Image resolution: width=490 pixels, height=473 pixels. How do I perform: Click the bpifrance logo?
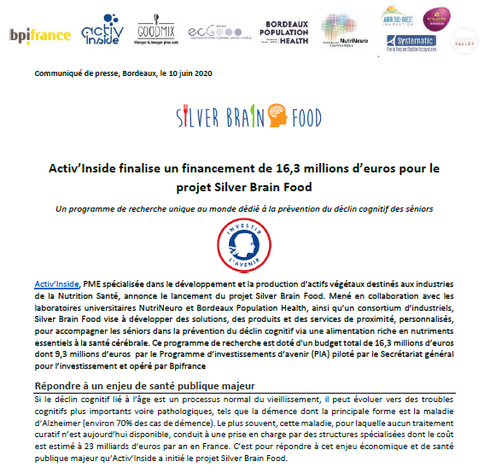coord(39,36)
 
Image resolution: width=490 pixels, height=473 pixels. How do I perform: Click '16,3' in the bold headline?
coord(309,169)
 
